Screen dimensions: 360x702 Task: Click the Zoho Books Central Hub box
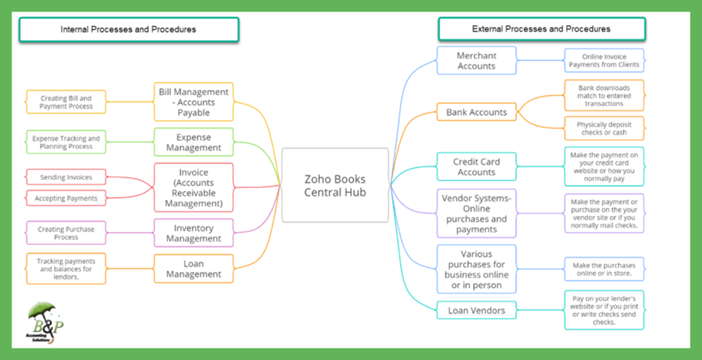[335, 185]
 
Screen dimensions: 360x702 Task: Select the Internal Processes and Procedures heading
[128, 30]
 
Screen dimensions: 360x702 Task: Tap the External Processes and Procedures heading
[541, 29]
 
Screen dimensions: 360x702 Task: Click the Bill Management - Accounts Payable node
[194, 102]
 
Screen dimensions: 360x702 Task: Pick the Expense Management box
[194, 142]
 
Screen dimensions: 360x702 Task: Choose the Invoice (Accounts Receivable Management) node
[194, 187]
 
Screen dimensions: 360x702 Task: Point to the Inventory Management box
[194, 233]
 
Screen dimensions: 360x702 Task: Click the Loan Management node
[194, 268]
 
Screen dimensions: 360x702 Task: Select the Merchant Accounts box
[476, 60]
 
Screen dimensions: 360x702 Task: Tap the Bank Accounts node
[476, 112]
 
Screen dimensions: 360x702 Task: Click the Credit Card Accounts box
[476, 167]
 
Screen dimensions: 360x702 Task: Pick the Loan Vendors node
[476, 310]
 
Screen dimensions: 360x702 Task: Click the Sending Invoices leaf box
[66, 176]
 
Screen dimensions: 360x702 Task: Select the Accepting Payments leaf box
[66, 198]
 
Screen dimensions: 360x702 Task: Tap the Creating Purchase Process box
[66, 233]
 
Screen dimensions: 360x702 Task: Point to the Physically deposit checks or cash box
[603, 128]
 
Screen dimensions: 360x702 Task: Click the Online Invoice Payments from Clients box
[603, 60]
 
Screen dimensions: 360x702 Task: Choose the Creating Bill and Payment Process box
[66, 102]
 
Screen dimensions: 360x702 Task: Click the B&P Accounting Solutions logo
[45, 322]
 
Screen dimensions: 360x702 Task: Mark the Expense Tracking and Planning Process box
[66, 142]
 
